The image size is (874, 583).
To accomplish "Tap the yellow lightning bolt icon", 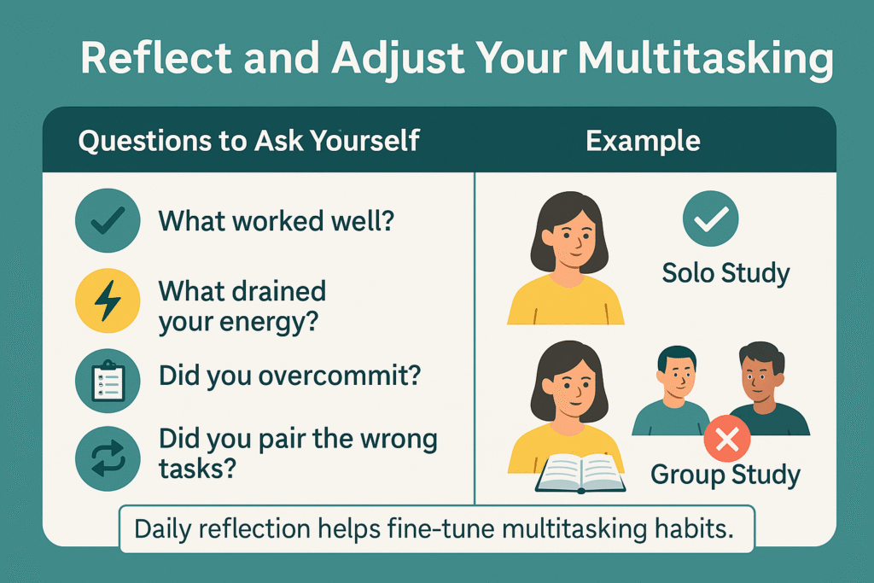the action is click(108, 301).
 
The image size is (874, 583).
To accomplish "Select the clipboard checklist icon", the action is click(108, 381).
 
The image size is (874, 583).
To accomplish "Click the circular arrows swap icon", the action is click(108, 458).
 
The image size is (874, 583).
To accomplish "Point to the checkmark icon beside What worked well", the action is click(108, 221).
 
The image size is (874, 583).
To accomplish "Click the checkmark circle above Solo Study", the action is click(711, 219).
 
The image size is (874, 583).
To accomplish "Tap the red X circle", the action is click(727, 439).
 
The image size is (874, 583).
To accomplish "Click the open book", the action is click(580, 474).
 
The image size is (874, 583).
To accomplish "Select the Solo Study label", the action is click(725, 274).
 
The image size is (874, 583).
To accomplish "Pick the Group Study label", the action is click(725, 475).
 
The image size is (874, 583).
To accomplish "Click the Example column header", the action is click(643, 141).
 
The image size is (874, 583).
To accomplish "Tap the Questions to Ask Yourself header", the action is click(248, 141).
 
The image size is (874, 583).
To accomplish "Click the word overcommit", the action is click(340, 376).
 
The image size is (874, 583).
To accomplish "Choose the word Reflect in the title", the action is click(156, 57).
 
